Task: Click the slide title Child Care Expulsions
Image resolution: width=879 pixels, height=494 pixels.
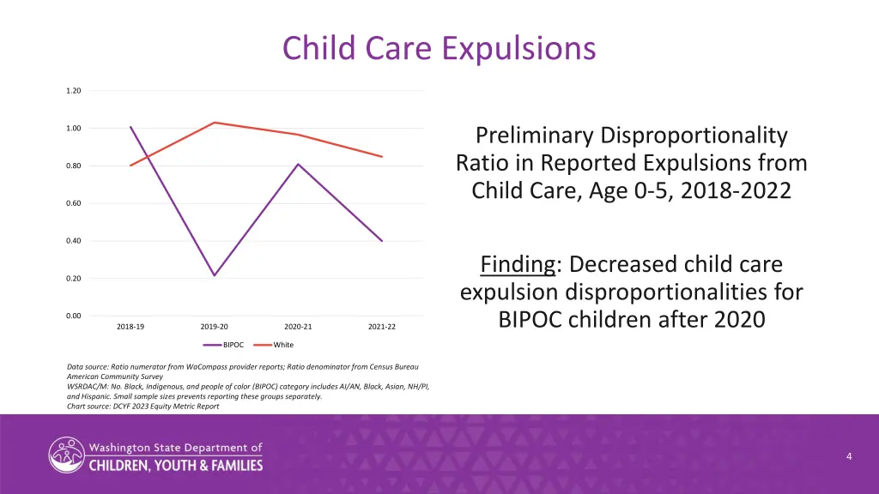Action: [439, 47]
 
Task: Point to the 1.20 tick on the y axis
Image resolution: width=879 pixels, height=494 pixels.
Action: [74, 91]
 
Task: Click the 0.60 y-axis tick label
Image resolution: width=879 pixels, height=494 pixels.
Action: [74, 203]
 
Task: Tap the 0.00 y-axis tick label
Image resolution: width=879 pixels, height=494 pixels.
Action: [74, 316]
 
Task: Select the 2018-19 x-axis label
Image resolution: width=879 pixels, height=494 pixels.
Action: [130, 327]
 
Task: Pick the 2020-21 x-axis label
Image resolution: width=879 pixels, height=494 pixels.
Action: [298, 327]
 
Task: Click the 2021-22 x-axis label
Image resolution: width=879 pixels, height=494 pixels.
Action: [382, 327]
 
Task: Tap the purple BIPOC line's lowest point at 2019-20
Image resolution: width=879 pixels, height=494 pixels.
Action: [215, 275]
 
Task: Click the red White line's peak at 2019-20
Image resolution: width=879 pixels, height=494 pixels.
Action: [215, 123]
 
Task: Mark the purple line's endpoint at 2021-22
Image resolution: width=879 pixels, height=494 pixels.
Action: [382, 241]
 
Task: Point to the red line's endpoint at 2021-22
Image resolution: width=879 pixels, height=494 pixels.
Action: [382, 156]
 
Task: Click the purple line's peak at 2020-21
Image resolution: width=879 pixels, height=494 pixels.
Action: [298, 164]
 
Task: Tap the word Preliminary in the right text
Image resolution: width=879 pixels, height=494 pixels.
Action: [534, 136]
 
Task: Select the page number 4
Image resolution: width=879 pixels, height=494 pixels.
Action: [849, 456]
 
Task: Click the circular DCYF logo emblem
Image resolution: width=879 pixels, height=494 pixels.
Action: [66, 455]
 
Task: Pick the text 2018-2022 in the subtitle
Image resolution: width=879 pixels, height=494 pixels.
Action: [736, 190]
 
